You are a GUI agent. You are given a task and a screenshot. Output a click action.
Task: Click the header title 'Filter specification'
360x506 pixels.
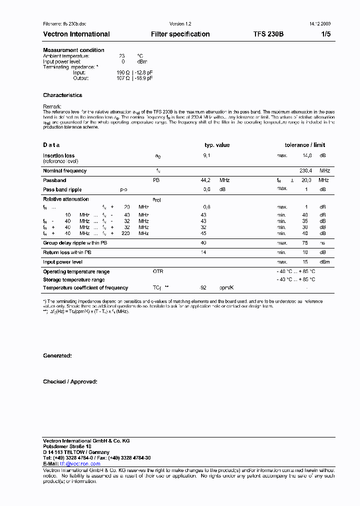tap(180, 34)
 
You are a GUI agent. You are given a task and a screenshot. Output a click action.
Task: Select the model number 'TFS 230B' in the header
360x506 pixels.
tap(268, 34)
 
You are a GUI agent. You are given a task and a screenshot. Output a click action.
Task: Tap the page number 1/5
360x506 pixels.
tap(325, 34)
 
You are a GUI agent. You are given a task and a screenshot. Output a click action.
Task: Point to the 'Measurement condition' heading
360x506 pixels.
tap(73, 50)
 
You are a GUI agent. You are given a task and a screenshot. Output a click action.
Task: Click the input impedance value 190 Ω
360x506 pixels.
tap(123, 72)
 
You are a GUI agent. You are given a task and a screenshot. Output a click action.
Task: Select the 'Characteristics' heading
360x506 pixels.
tap(62, 95)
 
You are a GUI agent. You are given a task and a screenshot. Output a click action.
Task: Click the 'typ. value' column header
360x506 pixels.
tap(217, 145)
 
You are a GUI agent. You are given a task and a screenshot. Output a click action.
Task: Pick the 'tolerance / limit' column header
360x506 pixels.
tap(305, 145)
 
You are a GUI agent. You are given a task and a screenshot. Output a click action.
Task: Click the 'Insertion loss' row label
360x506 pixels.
tap(58, 155)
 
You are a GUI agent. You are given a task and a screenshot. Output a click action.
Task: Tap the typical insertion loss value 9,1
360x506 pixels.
tap(206, 155)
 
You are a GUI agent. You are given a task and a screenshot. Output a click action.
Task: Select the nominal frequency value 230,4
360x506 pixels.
tap(305, 170)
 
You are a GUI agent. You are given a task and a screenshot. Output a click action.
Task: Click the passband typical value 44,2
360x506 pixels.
tap(205, 180)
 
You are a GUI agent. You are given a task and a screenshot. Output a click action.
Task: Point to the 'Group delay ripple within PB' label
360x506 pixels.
tap(75, 242)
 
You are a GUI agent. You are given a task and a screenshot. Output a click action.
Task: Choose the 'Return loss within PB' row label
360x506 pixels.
tap(67, 252)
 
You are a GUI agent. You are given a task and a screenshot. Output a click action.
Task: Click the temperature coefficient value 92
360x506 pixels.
tap(203, 287)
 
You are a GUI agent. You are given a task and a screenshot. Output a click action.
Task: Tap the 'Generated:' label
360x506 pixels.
tap(57, 355)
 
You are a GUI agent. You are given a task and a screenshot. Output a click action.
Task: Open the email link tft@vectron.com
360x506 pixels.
tap(80, 463)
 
